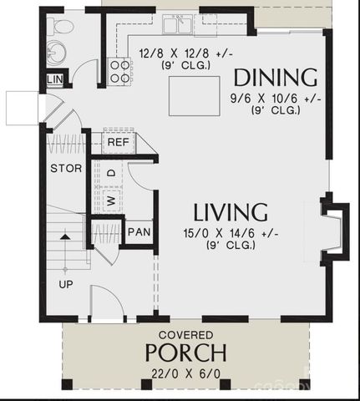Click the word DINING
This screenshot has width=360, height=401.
coord(275,79)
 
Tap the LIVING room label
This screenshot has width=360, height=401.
coord(231,211)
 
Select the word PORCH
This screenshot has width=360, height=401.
coord(185,351)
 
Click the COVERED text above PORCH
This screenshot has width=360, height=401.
coord(185,333)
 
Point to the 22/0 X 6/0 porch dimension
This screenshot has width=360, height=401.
coord(185,373)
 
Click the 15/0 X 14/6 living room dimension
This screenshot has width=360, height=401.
coord(231,234)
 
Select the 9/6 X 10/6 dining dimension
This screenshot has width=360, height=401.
coord(276,97)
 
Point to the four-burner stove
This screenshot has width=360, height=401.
coord(120,71)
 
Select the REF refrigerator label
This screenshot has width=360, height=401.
coord(118,142)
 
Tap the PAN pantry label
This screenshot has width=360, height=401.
coord(138,231)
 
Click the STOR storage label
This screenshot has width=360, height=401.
coord(66,168)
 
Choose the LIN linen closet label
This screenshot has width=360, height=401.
coord(54,79)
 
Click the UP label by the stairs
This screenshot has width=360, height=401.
coord(66,284)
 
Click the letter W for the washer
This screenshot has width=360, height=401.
coord(110,200)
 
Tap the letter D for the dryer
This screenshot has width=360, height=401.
coord(110,173)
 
